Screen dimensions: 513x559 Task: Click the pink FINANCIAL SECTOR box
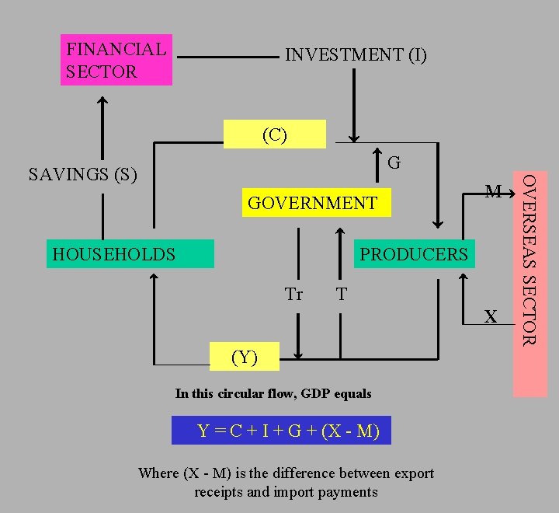click(116, 60)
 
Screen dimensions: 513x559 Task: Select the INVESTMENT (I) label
click(356, 55)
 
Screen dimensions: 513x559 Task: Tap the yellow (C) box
click(275, 134)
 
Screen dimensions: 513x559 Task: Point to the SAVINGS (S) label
click(82, 174)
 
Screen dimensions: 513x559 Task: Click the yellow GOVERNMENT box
click(316, 203)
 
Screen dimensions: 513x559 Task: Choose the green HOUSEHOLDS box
click(130, 254)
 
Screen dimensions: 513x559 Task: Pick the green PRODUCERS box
click(414, 254)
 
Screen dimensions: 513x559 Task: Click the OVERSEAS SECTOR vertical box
click(529, 284)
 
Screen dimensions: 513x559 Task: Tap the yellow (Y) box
click(245, 357)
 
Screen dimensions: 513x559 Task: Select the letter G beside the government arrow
click(394, 163)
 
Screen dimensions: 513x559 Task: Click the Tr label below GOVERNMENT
click(293, 295)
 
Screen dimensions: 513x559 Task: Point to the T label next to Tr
click(342, 295)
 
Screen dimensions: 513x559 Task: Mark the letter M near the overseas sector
click(492, 191)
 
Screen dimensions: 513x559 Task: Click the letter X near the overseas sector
click(490, 316)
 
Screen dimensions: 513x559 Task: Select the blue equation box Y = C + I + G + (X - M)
click(281, 431)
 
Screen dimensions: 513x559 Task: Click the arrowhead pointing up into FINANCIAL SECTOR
click(102, 100)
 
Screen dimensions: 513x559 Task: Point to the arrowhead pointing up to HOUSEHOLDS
click(154, 277)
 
